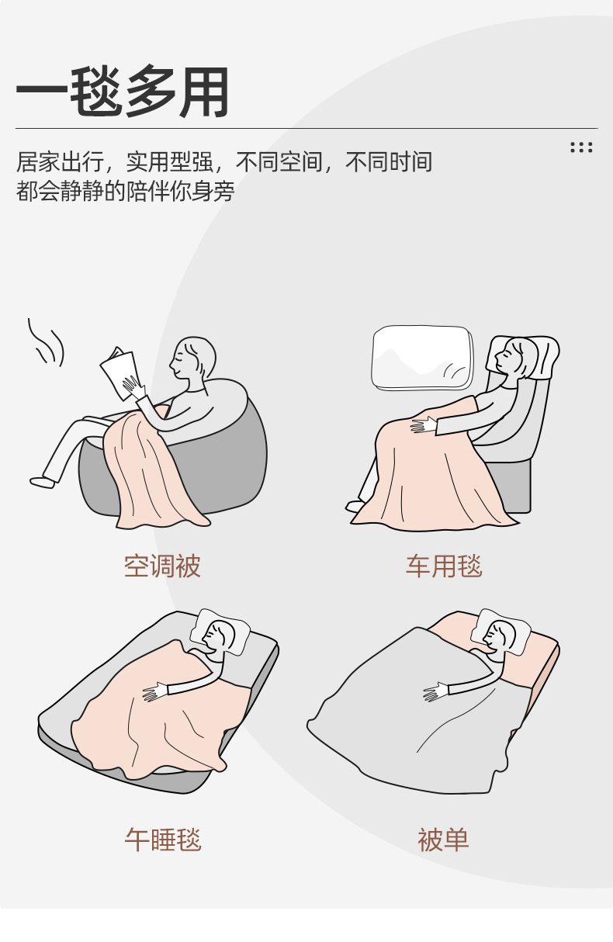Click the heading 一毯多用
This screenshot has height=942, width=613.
coord(123,92)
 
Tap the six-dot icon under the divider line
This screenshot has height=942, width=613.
coord(581,147)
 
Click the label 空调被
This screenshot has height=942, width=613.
coord(162,566)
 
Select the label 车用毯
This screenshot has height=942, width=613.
coord(444,566)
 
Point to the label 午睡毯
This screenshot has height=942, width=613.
coord(163,840)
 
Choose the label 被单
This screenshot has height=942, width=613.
coord(443,840)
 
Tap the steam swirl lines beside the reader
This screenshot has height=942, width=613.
coord(46,342)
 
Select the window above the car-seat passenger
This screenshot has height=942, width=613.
coord(422,358)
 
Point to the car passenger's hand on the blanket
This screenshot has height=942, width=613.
coord(424,425)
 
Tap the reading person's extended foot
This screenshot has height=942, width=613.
coord(42,482)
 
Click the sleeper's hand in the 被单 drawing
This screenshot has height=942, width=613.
coord(436,691)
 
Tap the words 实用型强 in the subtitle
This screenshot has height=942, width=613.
coord(170,162)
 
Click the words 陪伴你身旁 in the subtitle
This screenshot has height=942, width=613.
coord(180,192)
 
